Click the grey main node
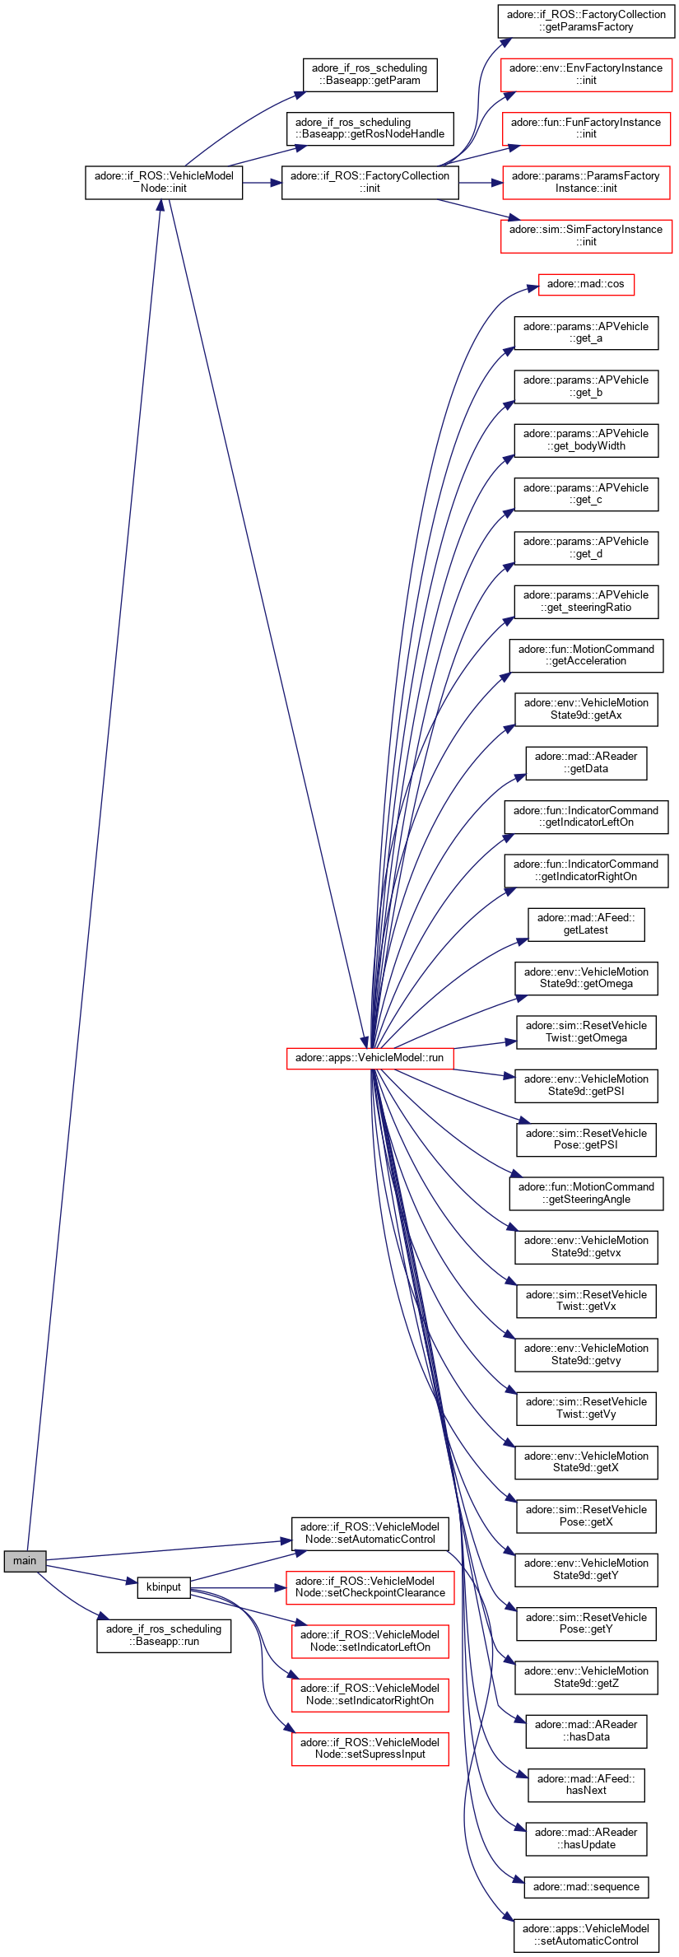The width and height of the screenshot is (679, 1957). (x=25, y=1560)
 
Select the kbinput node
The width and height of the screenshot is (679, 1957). (x=164, y=1587)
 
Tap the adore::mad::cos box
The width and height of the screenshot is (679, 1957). (x=585, y=284)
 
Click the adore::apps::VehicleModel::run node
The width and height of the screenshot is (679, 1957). (x=370, y=1057)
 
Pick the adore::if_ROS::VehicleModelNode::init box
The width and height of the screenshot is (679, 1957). (x=164, y=182)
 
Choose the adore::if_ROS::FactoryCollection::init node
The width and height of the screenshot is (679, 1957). (x=370, y=182)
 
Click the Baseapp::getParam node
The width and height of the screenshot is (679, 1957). (x=370, y=74)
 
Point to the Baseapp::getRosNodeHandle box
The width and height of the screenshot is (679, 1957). (x=370, y=128)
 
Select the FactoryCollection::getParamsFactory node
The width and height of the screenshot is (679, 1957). (x=586, y=21)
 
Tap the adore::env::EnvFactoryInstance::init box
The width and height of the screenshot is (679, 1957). (x=586, y=74)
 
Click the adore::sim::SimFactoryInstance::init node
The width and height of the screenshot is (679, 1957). (x=586, y=235)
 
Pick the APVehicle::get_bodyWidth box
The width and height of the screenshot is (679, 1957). (x=586, y=440)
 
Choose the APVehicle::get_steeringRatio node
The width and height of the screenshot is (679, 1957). (x=586, y=601)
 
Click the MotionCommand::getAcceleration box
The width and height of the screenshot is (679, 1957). (x=586, y=655)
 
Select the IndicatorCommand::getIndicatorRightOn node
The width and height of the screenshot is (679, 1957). (x=586, y=870)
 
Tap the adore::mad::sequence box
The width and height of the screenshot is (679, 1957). (x=586, y=1886)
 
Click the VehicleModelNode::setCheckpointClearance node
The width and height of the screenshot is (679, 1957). (x=370, y=1587)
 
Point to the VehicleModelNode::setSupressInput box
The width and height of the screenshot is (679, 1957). (x=370, y=1748)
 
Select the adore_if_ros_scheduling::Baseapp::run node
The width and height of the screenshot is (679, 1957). (x=164, y=1635)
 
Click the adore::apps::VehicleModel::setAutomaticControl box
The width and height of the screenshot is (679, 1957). (x=586, y=1935)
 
